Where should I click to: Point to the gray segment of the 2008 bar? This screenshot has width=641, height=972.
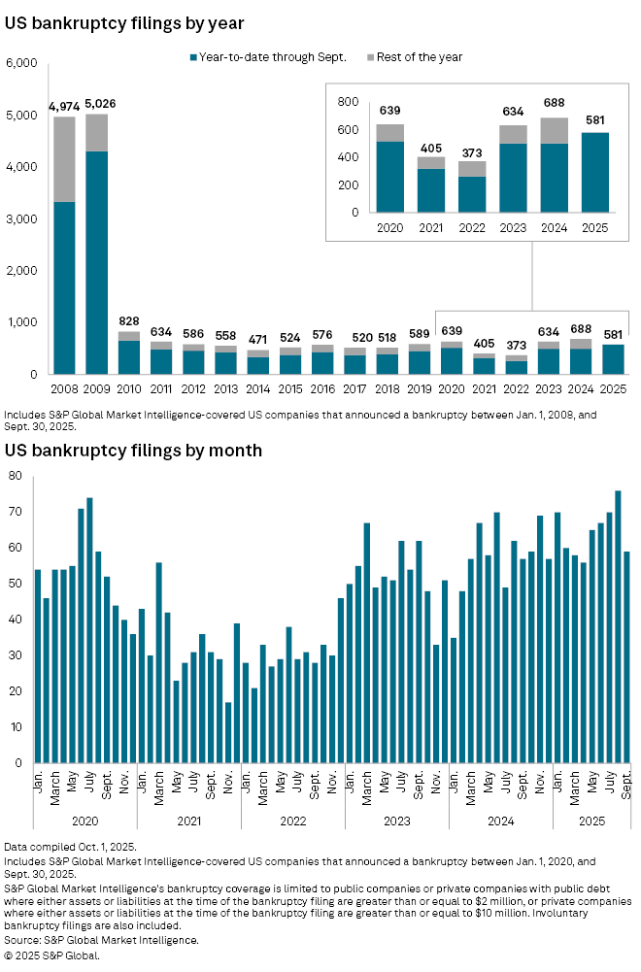click(x=64, y=159)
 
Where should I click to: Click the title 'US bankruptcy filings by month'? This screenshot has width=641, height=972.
click(x=133, y=451)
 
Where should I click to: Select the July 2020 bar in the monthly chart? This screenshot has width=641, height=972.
click(x=89, y=630)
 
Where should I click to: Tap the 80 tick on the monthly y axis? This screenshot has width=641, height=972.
click(x=16, y=476)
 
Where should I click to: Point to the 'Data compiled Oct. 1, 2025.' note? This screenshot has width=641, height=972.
click(x=70, y=847)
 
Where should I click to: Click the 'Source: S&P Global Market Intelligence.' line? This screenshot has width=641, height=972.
click(x=102, y=940)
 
